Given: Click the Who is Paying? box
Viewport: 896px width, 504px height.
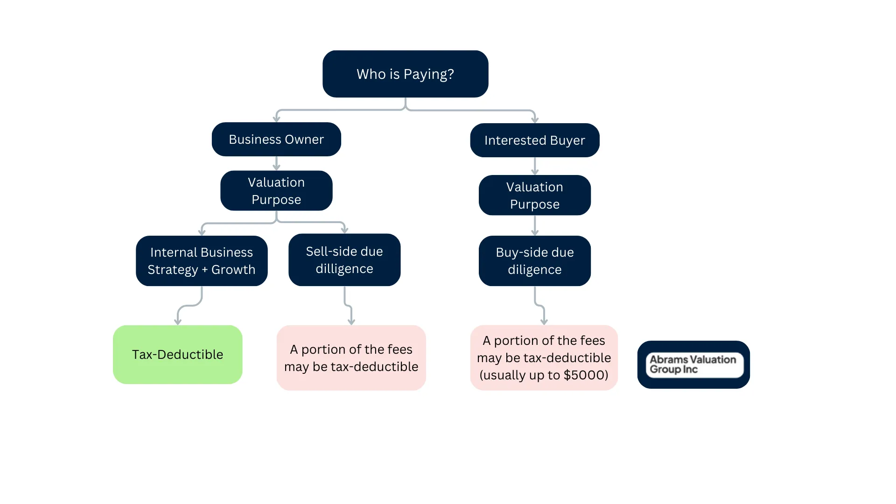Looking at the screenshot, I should [405, 74].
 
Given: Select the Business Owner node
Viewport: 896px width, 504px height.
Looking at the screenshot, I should [276, 139].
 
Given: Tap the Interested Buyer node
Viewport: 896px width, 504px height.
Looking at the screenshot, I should [534, 140].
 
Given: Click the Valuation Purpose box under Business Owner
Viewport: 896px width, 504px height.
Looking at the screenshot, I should [276, 190].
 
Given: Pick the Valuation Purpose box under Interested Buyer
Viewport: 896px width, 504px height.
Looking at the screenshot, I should [534, 195].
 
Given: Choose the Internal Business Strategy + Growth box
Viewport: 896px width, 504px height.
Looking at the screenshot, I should [202, 260].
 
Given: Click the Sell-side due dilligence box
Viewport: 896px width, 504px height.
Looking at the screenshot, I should [344, 259].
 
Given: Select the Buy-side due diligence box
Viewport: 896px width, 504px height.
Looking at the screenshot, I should [534, 260].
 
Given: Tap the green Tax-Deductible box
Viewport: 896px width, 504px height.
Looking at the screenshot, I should [177, 354].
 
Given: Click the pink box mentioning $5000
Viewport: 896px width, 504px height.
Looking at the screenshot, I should [544, 357].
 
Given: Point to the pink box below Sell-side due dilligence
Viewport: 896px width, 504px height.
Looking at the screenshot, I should [351, 357].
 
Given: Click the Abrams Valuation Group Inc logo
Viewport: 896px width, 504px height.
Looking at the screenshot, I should [693, 364].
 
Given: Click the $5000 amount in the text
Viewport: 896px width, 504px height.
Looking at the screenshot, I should [585, 375].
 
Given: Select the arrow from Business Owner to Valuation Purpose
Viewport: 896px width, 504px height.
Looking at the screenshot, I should [276, 164].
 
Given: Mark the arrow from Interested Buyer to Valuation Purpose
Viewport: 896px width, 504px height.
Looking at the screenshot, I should [535, 166].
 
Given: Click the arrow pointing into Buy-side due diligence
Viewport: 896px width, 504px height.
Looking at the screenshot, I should [535, 226].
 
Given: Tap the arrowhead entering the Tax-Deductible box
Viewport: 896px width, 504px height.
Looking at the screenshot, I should [178, 321].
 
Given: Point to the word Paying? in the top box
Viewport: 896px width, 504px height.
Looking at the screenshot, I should [428, 74].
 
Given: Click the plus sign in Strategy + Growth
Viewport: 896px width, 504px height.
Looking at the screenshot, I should [204, 270].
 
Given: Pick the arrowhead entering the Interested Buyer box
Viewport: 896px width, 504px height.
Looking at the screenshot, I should [535, 119].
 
